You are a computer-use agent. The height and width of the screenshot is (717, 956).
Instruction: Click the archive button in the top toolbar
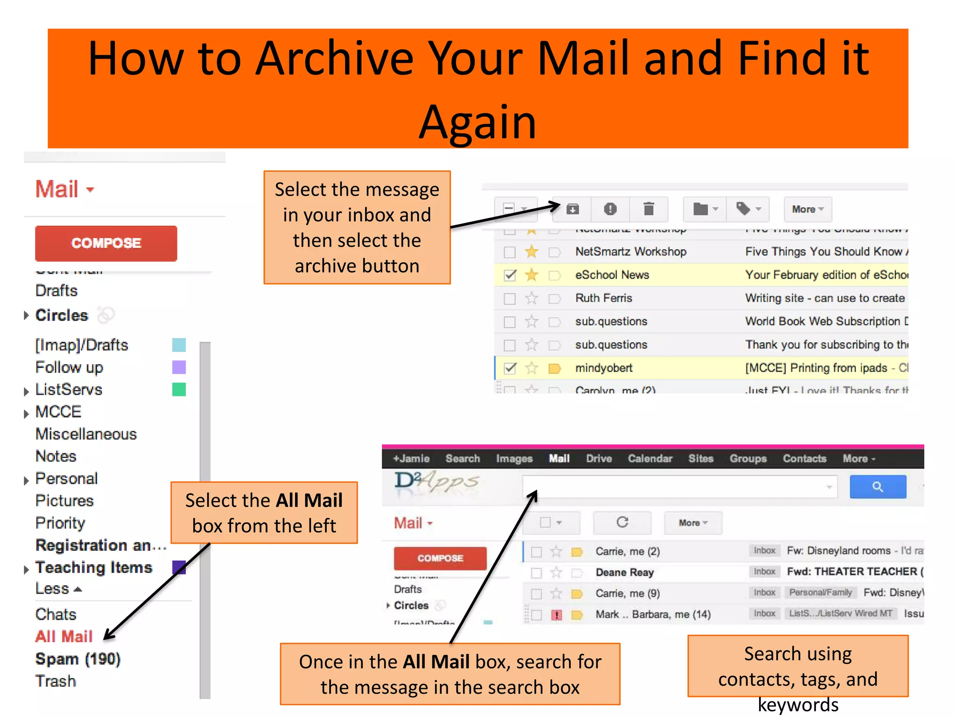(573, 209)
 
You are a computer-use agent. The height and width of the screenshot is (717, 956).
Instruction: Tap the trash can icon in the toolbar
(648, 209)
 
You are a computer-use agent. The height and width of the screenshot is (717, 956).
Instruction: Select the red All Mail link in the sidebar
(64, 636)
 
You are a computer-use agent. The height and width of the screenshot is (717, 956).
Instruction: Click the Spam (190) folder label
(77, 659)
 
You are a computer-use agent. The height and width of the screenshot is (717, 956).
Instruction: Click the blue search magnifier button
(878, 487)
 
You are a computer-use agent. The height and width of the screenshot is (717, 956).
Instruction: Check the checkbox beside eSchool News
(510, 275)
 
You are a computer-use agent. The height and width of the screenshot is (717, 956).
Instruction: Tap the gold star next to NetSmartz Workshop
(531, 252)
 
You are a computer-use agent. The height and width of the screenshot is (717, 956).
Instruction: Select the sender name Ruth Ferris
(604, 298)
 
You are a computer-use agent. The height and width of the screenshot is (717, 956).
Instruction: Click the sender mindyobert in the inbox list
(604, 368)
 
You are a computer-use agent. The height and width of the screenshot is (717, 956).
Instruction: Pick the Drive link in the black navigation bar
(599, 458)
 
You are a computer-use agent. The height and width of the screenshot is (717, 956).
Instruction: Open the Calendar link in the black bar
(650, 458)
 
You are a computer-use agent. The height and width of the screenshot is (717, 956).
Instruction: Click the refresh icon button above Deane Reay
(622, 522)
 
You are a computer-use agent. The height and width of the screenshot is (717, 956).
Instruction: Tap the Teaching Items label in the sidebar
(94, 568)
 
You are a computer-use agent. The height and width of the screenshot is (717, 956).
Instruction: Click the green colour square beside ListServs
(179, 389)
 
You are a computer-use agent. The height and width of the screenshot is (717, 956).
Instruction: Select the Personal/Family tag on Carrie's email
(820, 593)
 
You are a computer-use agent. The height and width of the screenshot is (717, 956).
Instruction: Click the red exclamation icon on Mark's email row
(556, 615)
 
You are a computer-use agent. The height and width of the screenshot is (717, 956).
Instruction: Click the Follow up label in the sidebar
(69, 367)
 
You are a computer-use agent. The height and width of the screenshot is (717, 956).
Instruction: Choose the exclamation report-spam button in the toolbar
(610, 209)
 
